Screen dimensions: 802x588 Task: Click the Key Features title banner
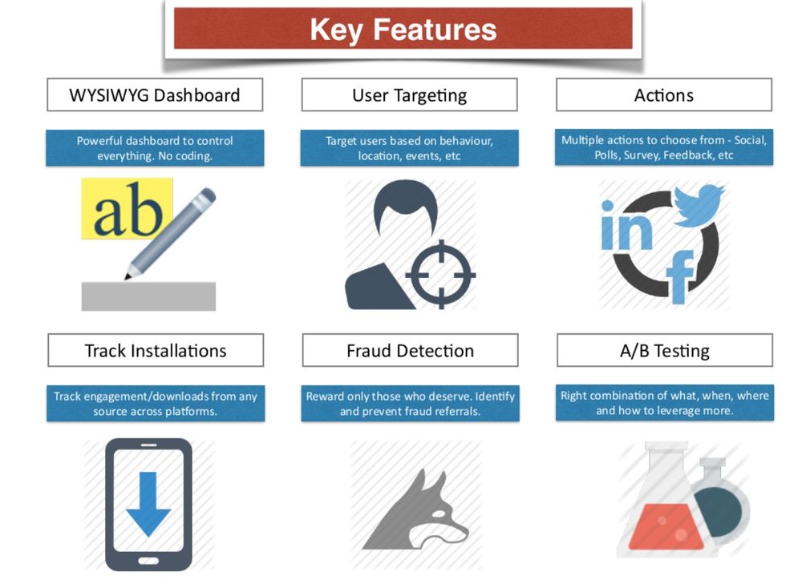pyautogui.click(x=403, y=29)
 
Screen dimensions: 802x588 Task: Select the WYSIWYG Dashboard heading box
pyautogui.click(x=155, y=95)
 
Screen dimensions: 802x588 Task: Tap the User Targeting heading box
pyautogui.click(x=409, y=95)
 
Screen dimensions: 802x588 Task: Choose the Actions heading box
pyautogui.click(x=664, y=95)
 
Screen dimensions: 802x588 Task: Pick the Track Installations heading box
pyautogui.click(x=156, y=350)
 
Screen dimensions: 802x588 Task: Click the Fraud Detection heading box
pyautogui.click(x=410, y=350)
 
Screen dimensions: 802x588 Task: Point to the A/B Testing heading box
pyautogui.click(x=665, y=350)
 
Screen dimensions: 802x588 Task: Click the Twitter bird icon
pyautogui.click(x=698, y=205)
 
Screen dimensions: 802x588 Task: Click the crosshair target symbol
pyautogui.click(x=440, y=275)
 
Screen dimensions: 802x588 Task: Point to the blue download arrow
pyautogui.click(x=148, y=504)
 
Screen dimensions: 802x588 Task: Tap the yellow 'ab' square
pyautogui.click(x=127, y=208)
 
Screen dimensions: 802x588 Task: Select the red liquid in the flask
pyautogui.click(x=666, y=526)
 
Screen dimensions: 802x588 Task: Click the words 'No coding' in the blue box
pyautogui.click(x=185, y=156)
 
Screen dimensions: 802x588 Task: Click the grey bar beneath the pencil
pyautogui.click(x=148, y=296)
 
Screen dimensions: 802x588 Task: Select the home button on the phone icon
pyautogui.click(x=148, y=561)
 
